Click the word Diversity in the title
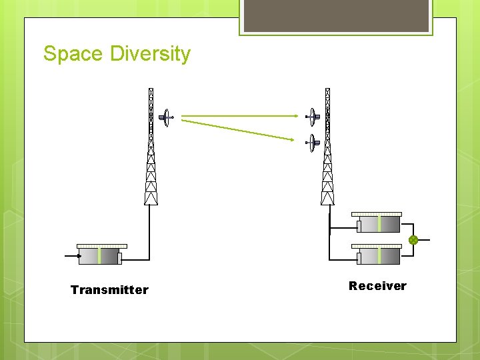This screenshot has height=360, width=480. pos(151,53)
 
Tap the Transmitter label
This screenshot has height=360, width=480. pos(109,290)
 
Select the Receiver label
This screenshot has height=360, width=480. pos(377,286)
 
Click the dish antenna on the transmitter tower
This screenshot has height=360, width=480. pos(165,117)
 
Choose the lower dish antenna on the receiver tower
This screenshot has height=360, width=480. pos(312,142)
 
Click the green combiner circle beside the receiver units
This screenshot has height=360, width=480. pos(413,240)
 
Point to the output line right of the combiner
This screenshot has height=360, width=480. pos(425,240)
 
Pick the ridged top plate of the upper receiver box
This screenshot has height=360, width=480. pos(377,214)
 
